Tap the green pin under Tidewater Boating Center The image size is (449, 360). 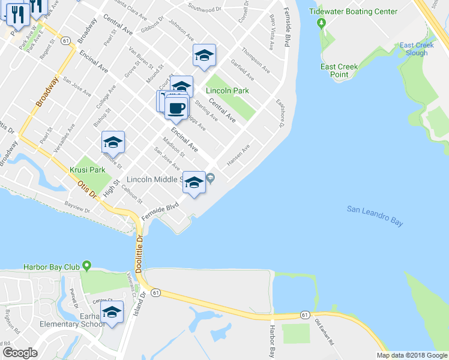[321, 23]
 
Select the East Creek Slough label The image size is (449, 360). [414, 49]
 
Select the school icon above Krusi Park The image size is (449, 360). [113, 142]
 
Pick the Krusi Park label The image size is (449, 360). [88, 170]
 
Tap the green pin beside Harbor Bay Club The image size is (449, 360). [88, 265]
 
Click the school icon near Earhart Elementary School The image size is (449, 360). [112, 312]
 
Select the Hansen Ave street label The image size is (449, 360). [238, 156]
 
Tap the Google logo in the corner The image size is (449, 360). [20, 353]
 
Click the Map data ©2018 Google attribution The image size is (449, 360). [411, 355]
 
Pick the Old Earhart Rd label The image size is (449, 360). [325, 332]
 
